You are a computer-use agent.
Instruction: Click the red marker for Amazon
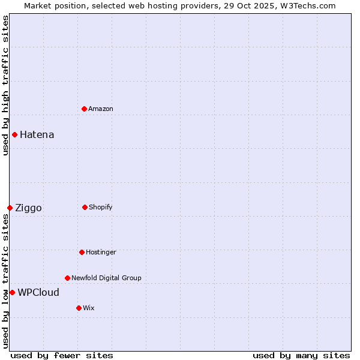pos(84,109)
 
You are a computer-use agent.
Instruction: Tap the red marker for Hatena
pos(14,134)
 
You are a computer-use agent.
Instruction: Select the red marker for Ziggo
pos(10,208)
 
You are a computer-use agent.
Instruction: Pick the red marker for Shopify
pos(85,207)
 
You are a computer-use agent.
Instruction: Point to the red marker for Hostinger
pos(82,252)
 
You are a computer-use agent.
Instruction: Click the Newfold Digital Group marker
pos(67,278)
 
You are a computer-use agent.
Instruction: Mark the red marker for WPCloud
pos(12,292)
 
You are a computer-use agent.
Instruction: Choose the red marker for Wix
pos(79,308)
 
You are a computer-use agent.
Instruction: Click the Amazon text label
pos(101,109)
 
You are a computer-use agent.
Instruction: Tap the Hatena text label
pos(37,134)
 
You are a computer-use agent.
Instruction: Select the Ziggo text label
pos(28,208)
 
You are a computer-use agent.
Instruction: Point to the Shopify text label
pos(101,207)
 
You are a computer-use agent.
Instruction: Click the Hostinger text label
pos(101,252)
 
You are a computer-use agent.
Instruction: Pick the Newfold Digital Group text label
pos(106,278)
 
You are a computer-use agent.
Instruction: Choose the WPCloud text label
pos(38,293)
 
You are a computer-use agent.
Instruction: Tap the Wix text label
pos(89,308)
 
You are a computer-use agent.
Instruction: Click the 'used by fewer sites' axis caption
pos(62,355)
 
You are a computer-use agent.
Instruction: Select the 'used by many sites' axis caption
pos(301,355)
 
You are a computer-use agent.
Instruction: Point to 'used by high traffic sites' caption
pos(5,85)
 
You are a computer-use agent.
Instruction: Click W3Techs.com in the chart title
pos(307,5)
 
